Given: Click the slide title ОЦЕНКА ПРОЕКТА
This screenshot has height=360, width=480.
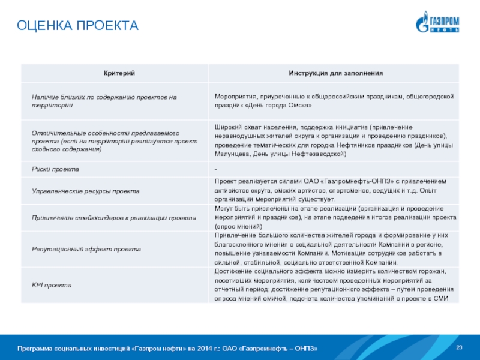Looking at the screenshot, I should (x=77, y=26).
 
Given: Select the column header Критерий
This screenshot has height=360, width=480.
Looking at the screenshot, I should (x=114, y=73).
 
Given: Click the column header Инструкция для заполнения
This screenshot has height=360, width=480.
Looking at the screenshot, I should (x=335, y=73).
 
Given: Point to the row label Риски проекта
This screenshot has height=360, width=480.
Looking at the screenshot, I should (x=55, y=169).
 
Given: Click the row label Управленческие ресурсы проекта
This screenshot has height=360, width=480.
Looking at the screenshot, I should (x=85, y=190).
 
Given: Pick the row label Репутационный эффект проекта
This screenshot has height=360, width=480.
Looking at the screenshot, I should (x=86, y=248).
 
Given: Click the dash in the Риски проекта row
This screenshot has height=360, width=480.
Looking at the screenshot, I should (x=216, y=169).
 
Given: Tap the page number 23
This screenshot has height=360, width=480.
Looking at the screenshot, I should (x=460, y=348).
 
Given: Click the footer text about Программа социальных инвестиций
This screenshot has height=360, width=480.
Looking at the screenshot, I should (x=167, y=349).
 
